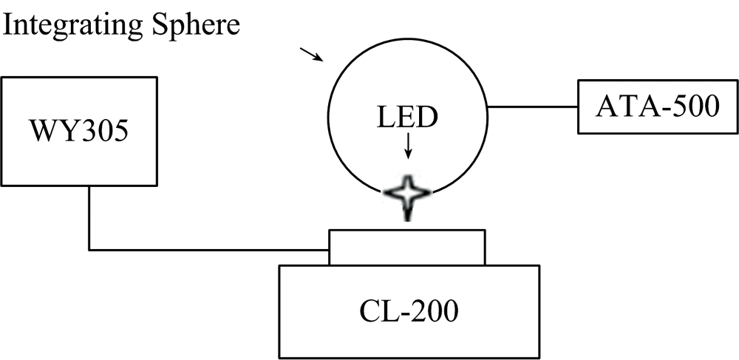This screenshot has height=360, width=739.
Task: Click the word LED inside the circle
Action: point(407,118)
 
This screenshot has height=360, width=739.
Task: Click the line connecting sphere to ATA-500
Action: point(532,107)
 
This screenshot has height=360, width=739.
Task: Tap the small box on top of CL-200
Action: point(407,247)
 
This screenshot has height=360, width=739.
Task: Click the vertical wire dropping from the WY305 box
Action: point(90,218)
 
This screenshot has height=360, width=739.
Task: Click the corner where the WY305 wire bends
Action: point(90,249)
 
